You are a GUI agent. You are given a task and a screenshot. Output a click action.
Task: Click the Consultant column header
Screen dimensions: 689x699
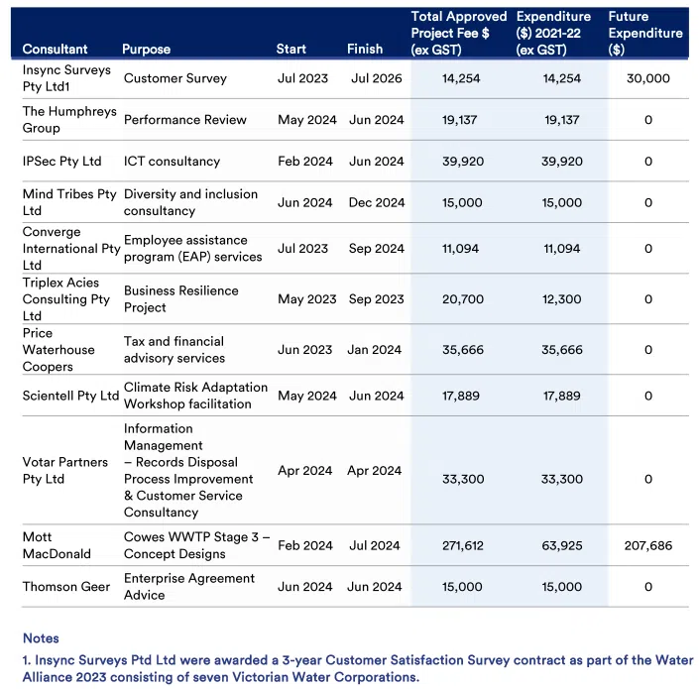(x=55, y=49)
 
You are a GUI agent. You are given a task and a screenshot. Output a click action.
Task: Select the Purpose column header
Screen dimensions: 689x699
(x=146, y=49)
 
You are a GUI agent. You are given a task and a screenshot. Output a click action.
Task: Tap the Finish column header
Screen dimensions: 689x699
(x=365, y=49)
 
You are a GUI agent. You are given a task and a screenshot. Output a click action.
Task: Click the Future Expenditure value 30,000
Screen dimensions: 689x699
(x=648, y=78)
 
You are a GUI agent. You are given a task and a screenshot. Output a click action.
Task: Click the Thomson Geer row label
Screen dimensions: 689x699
(x=66, y=587)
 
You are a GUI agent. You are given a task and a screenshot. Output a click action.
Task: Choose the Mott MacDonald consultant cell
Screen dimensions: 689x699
(x=57, y=545)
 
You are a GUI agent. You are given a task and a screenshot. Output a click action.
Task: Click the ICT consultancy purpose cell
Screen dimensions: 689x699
(x=172, y=161)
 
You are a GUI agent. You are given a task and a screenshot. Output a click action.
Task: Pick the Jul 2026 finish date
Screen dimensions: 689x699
(x=376, y=78)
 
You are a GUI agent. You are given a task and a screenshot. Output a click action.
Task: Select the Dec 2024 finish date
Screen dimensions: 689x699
(x=377, y=202)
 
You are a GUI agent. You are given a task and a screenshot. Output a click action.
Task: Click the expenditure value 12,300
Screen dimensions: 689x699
(x=561, y=299)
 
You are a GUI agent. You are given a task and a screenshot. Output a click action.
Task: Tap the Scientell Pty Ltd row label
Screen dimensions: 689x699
(x=70, y=396)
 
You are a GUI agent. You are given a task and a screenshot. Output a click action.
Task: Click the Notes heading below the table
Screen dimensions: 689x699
(x=41, y=638)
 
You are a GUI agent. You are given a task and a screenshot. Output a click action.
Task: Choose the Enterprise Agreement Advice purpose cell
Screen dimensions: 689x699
(x=189, y=586)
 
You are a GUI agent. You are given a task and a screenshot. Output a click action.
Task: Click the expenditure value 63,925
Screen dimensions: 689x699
(x=561, y=545)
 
